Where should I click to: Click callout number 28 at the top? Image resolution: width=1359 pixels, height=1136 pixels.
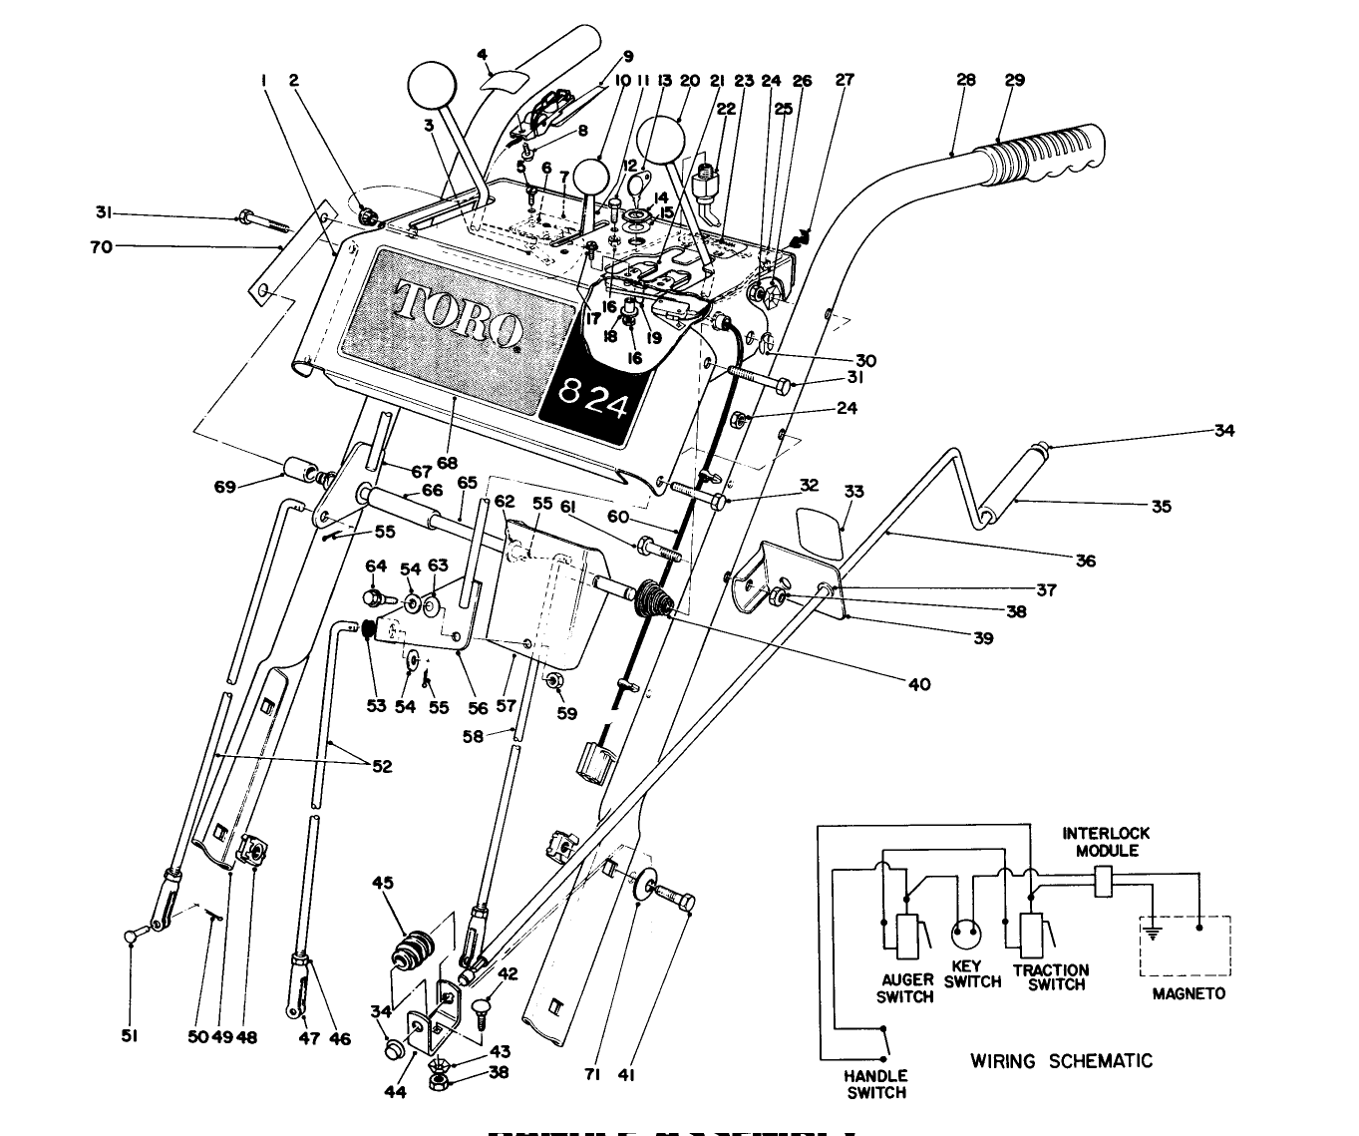pyautogui.click(x=965, y=80)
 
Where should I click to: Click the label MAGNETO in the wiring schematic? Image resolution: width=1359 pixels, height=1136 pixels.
pyautogui.click(x=1189, y=993)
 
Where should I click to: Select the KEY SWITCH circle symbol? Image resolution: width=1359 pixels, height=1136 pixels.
pyautogui.click(x=966, y=935)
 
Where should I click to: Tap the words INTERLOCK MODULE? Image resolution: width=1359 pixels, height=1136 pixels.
pyautogui.click(x=1106, y=842)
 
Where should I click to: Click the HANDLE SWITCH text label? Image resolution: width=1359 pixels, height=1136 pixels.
pyautogui.click(x=876, y=1084)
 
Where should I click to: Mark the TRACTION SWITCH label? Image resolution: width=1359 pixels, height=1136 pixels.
pyautogui.click(x=1051, y=976)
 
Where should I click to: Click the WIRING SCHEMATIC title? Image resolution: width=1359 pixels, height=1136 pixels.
pyautogui.click(x=1061, y=1060)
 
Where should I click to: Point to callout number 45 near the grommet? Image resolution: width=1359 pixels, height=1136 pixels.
pyautogui.click(x=384, y=882)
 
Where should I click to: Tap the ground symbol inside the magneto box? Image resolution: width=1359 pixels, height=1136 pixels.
pyautogui.click(x=1153, y=934)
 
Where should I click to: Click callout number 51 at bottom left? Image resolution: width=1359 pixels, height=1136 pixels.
pyautogui.click(x=129, y=1036)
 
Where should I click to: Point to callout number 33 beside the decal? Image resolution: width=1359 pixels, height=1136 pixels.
pyautogui.click(x=853, y=492)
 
